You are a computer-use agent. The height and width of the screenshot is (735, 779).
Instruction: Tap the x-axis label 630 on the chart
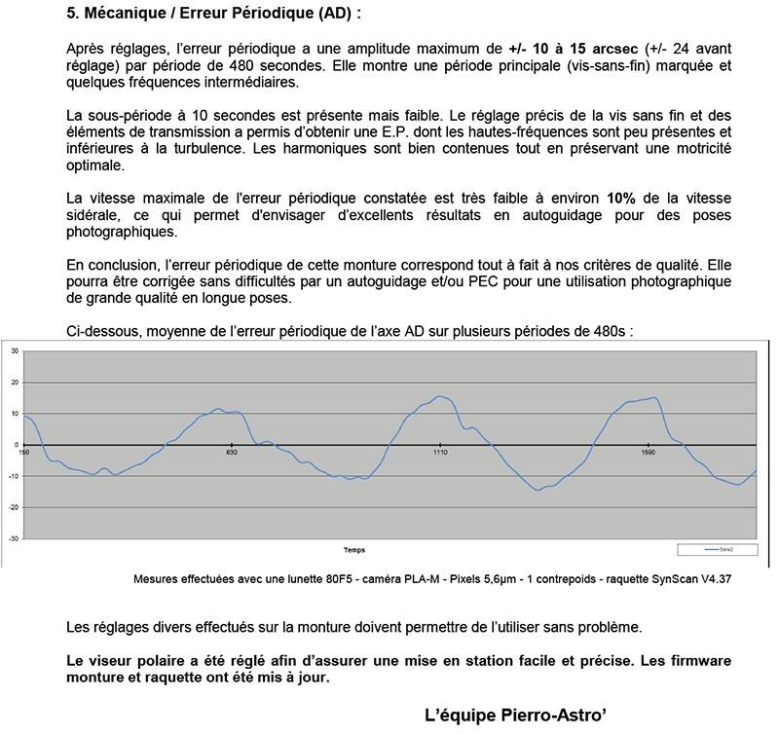pyautogui.click(x=232, y=453)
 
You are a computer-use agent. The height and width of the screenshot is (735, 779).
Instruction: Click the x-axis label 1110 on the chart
pyautogui.click(x=440, y=453)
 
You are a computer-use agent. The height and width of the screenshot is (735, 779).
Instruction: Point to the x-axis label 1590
pyautogui.click(x=649, y=453)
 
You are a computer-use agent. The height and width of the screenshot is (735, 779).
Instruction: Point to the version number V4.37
pyautogui.click(x=736, y=579)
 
